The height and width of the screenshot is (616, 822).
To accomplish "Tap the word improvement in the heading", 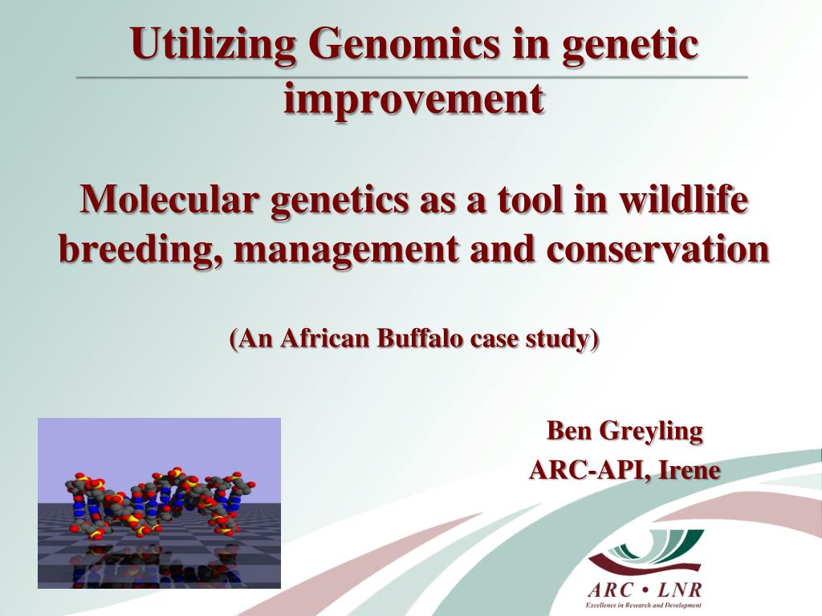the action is click(x=414, y=99).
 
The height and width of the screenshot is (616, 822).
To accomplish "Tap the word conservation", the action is click(x=657, y=250).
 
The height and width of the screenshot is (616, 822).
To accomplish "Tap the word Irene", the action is click(x=689, y=470).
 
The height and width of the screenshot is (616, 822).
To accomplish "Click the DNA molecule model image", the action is click(x=160, y=503).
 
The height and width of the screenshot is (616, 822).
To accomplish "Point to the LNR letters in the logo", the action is click(x=679, y=590).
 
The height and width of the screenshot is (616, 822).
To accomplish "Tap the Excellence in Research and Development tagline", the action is click(x=643, y=606).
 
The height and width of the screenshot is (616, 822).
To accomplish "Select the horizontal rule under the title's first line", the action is click(x=412, y=77).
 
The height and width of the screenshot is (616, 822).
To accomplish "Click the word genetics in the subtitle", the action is click(x=339, y=201).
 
